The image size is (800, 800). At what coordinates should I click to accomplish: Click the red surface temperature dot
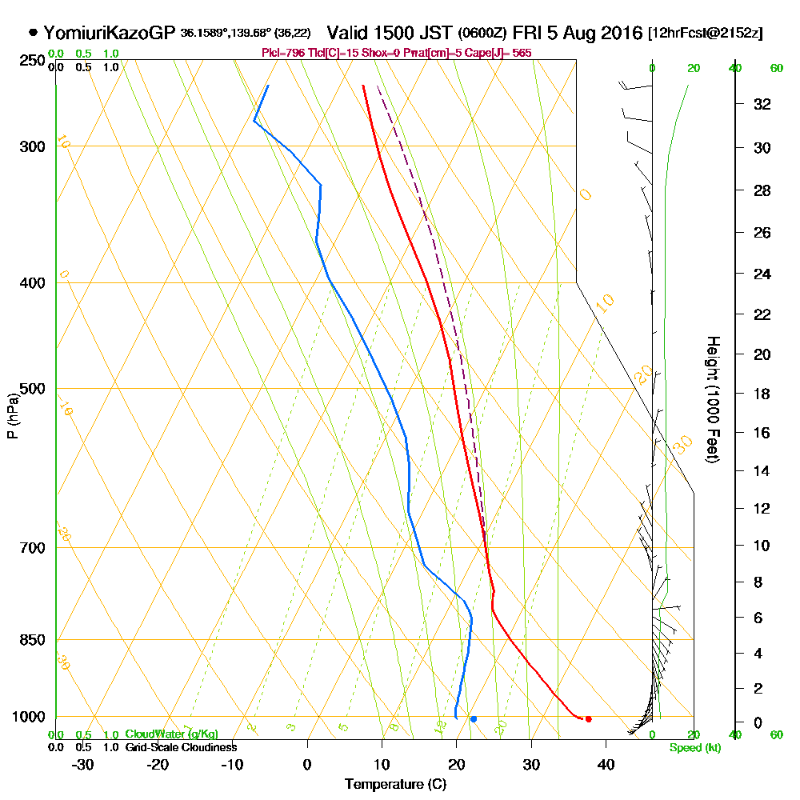(x=588, y=719)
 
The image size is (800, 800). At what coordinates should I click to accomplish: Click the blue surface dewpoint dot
(x=474, y=719)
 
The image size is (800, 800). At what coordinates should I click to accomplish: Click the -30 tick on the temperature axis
(x=83, y=764)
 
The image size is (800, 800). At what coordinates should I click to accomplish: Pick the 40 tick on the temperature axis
(x=606, y=764)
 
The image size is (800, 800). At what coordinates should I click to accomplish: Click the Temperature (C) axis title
(x=395, y=785)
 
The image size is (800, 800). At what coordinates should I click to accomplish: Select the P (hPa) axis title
(x=12, y=415)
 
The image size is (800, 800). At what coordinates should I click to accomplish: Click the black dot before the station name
(x=33, y=33)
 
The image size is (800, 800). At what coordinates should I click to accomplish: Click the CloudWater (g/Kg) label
(x=171, y=734)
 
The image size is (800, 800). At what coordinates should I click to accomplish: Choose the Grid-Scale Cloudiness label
(x=181, y=747)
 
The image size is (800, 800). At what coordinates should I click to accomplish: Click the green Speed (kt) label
(x=693, y=748)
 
